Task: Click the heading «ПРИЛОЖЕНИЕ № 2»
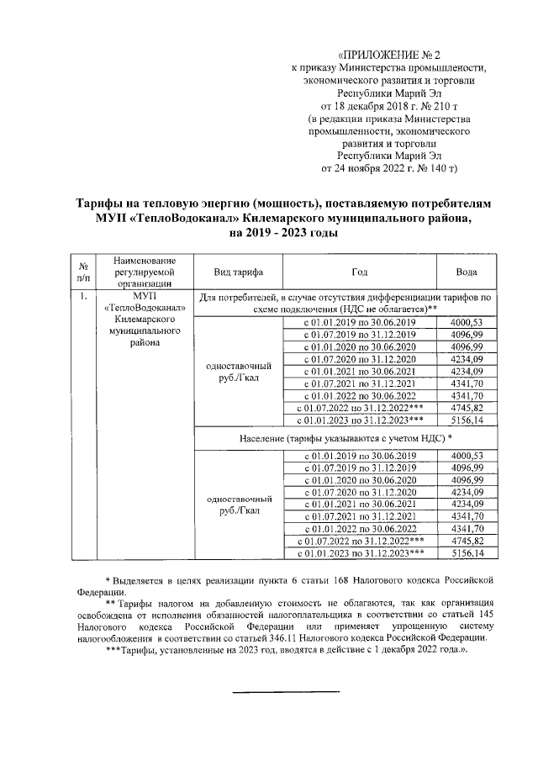pos(394,53)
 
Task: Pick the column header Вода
pos(467,272)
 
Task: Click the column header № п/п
pos(82,272)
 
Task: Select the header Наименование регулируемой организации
pos(145,272)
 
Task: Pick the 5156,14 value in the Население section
pos(467,553)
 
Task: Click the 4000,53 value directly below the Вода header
pos(467,323)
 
